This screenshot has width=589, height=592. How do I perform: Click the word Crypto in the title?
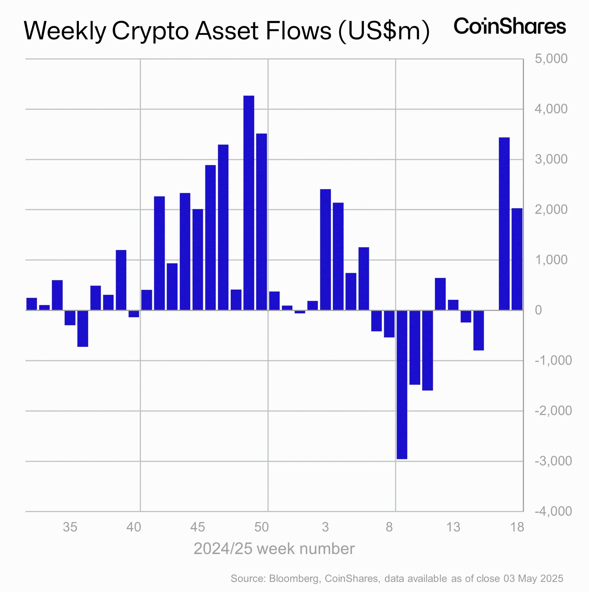(x=150, y=31)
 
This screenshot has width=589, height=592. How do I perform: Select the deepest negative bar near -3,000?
(x=402, y=385)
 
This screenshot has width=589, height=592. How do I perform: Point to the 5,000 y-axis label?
(x=551, y=59)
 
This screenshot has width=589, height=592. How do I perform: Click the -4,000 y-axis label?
(x=553, y=511)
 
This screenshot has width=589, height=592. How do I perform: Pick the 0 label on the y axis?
(x=538, y=310)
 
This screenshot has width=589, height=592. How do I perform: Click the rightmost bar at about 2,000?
(x=517, y=259)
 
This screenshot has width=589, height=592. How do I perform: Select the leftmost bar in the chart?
(x=32, y=304)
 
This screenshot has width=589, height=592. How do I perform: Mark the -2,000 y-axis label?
(x=553, y=411)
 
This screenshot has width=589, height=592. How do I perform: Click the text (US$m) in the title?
(x=384, y=31)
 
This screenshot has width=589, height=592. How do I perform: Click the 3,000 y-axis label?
(x=551, y=159)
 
